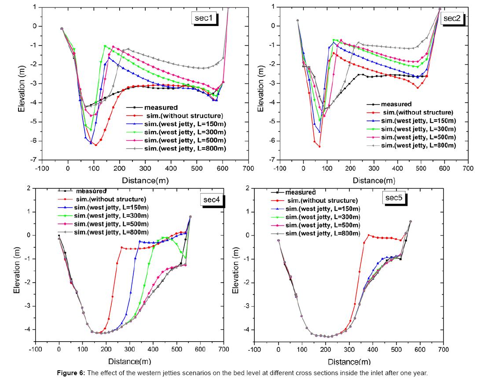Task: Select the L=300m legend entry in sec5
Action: pos(323,217)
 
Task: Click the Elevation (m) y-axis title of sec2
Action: pos(261,83)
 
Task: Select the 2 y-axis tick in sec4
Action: pos(29,188)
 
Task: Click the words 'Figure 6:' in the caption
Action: pos(73,373)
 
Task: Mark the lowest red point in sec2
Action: pos(319,146)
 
